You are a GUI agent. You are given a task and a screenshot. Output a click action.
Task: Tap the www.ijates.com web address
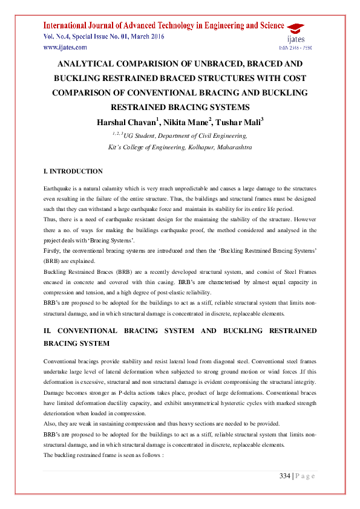click(65, 47)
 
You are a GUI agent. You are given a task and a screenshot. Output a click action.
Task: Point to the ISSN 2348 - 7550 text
click(296, 47)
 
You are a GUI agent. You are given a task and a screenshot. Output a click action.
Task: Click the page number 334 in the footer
click(284, 476)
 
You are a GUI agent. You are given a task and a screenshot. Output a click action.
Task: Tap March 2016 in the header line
click(147, 36)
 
